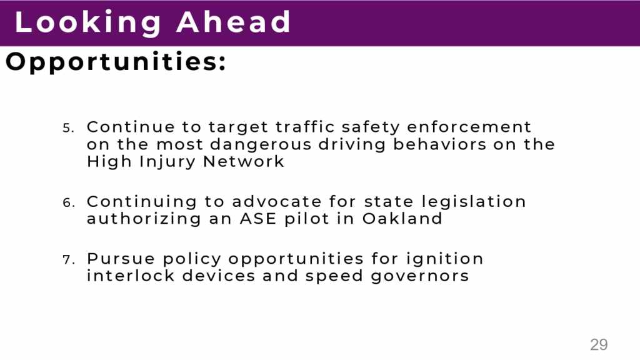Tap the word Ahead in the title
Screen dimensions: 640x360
[234, 22]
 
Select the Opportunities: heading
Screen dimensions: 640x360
[116, 62]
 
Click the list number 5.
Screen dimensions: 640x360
[68, 128]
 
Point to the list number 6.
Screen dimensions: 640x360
[68, 203]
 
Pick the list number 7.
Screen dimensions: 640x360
[68, 259]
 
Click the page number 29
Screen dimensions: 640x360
[599, 345]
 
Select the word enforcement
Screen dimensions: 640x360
[469, 126]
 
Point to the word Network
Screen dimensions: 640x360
[243, 161]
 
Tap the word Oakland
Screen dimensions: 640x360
[402, 218]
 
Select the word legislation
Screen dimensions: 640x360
[474, 202]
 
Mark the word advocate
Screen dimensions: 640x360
[277, 201]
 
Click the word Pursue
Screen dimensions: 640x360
[121, 258]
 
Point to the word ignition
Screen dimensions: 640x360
[444, 259]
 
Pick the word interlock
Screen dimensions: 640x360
[131, 276]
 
